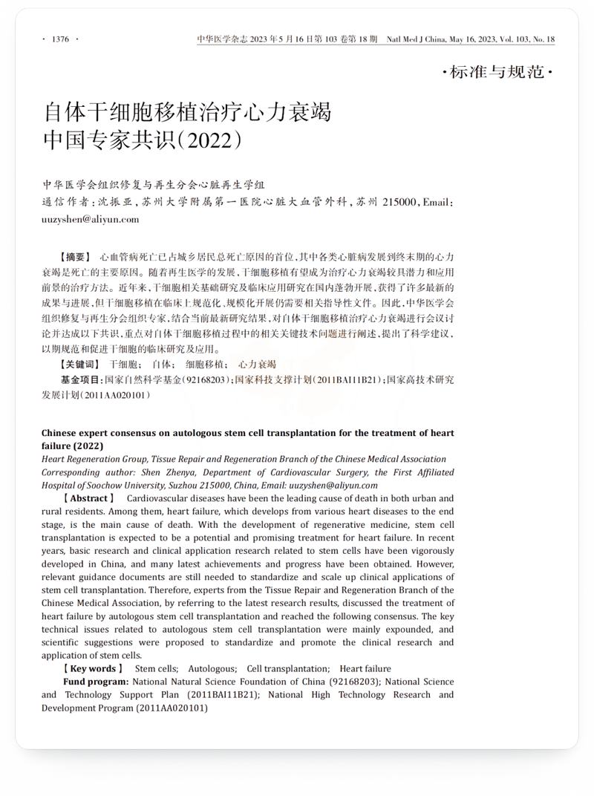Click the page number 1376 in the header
tap(61, 39)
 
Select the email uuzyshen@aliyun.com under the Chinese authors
tap(90, 219)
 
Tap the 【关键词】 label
tap(79, 365)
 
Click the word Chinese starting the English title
tap(62, 433)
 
